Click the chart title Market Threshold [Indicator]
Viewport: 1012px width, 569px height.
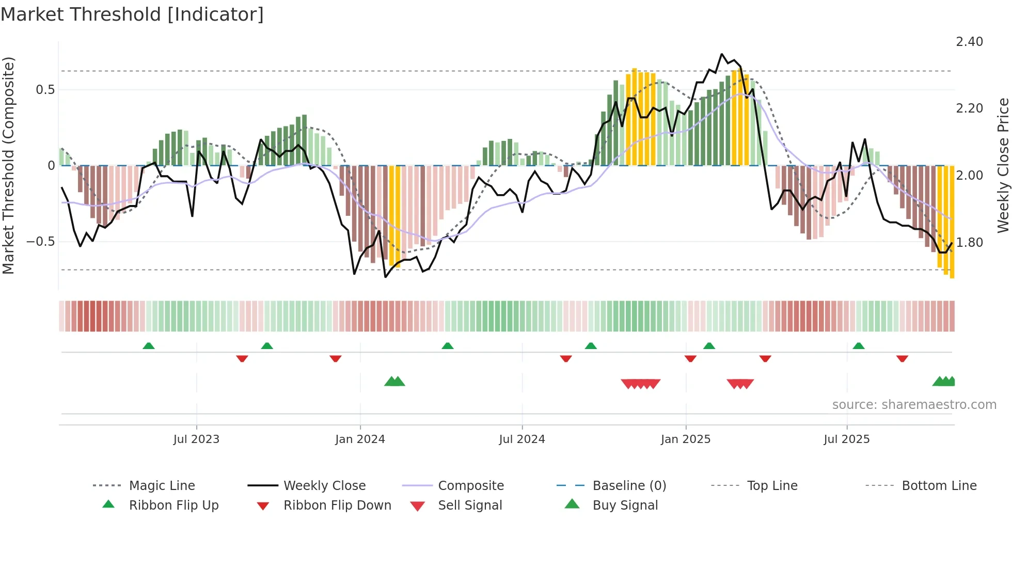tap(132, 14)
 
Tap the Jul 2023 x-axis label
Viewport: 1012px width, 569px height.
tap(196, 439)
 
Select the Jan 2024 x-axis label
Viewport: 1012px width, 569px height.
tap(360, 439)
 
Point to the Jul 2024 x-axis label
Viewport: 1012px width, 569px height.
tap(522, 439)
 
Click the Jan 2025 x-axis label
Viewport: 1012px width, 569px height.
tap(686, 439)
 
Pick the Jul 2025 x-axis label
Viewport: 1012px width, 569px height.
tap(847, 439)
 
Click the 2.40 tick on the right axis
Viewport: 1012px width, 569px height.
tap(969, 42)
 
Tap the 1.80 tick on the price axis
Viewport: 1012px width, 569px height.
tap(969, 242)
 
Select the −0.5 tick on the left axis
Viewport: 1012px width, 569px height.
tap(40, 242)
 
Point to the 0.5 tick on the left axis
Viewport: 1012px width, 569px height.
tap(45, 90)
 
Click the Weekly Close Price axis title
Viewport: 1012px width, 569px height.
tap(1003, 165)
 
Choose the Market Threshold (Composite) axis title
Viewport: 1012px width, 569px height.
tap(8, 165)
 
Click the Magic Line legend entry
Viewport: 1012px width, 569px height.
tap(162, 486)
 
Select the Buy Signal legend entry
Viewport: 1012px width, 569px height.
tap(625, 505)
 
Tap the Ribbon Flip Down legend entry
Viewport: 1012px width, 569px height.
tap(337, 505)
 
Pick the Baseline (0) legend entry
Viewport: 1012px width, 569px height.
tap(629, 486)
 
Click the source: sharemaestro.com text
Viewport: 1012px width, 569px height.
tap(914, 405)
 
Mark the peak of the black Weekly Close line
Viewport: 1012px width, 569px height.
tap(722, 54)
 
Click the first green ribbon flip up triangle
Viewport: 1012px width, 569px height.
tap(149, 346)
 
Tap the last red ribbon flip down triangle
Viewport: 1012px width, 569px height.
tap(902, 358)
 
